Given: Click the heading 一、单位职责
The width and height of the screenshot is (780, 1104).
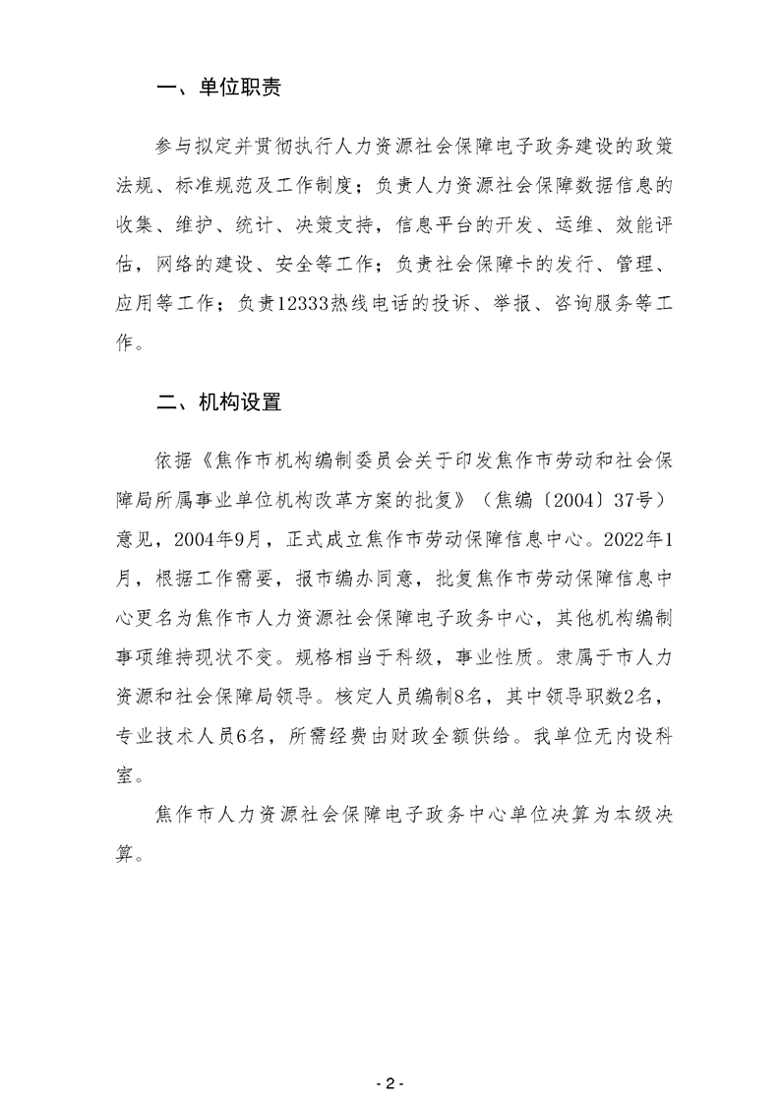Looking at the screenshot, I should click(219, 89).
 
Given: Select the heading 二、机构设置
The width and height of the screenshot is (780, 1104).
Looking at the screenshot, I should click(219, 402).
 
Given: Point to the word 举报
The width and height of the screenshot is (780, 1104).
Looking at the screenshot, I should click(502, 305).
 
